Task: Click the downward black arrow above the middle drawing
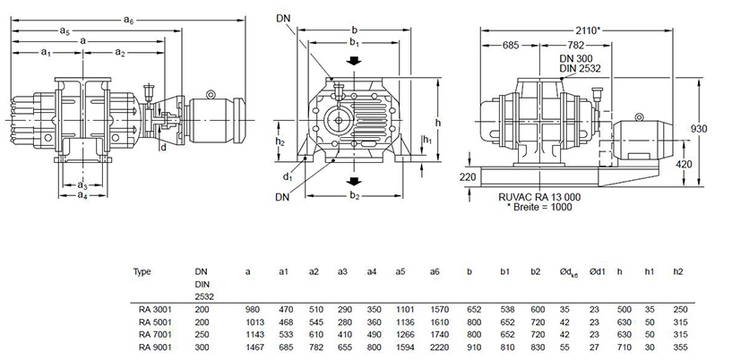coord(356,61)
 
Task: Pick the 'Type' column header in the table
coord(142,270)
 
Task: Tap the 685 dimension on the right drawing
coord(512,43)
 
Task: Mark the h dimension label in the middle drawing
coord(437,122)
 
